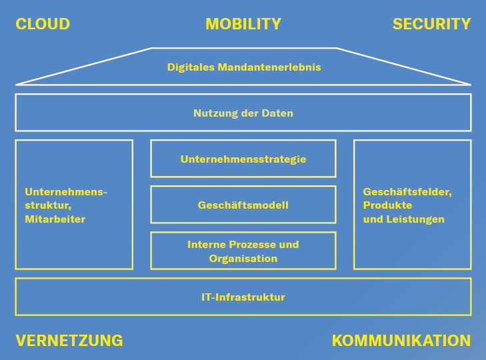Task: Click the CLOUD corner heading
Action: pos(43,25)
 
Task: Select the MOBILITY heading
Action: pos(243,25)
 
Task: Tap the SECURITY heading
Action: pos(431,25)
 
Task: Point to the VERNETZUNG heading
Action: pos(69,341)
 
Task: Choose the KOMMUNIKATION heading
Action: pos(401,341)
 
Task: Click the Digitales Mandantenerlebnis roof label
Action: pos(244,67)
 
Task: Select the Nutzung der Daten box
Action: pos(243,113)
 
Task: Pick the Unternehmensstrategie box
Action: pos(243,159)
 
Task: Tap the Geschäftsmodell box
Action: pos(243,205)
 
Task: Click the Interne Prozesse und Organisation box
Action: pos(243,251)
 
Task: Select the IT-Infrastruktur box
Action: pos(243,297)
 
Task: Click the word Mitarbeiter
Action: pos(55,219)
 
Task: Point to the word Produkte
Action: pos(387,205)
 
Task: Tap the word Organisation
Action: pos(243,259)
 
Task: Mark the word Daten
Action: pos(277,113)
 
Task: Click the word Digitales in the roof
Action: pos(191,67)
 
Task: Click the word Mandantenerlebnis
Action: pos(269,67)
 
